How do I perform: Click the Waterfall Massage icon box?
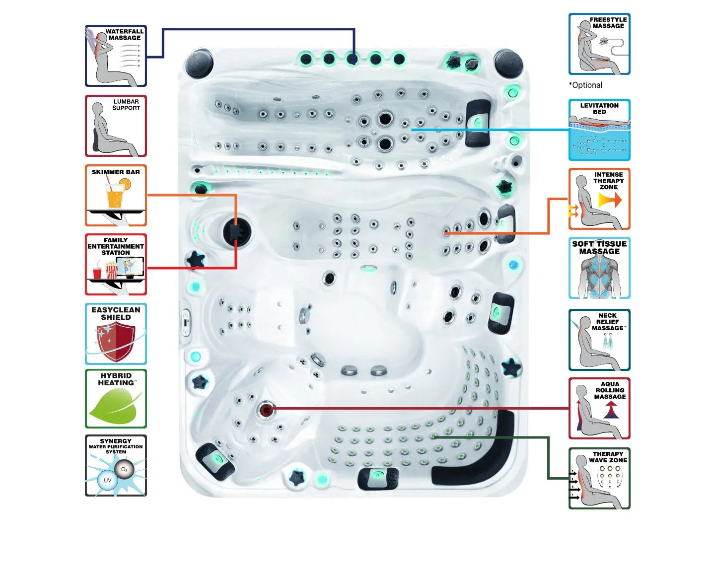[x=116, y=56]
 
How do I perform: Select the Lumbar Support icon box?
[x=116, y=126]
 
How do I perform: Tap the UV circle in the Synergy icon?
[x=107, y=480]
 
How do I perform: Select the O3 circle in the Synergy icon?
[x=124, y=469]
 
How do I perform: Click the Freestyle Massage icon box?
[x=599, y=44]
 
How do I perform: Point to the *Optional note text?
[x=585, y=85]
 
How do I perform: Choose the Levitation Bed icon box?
[x=599, y=130]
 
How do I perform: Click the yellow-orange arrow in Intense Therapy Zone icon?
[x=610, y=200]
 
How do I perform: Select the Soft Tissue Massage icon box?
[x=599, y=268]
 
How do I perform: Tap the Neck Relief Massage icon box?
[x=599, y=340]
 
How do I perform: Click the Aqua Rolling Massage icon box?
[x=599, y=409]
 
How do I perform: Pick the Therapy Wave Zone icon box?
[x=599, y=478]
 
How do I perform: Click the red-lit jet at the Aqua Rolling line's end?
[x=267, y=410]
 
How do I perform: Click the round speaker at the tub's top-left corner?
[x=199, y=64]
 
